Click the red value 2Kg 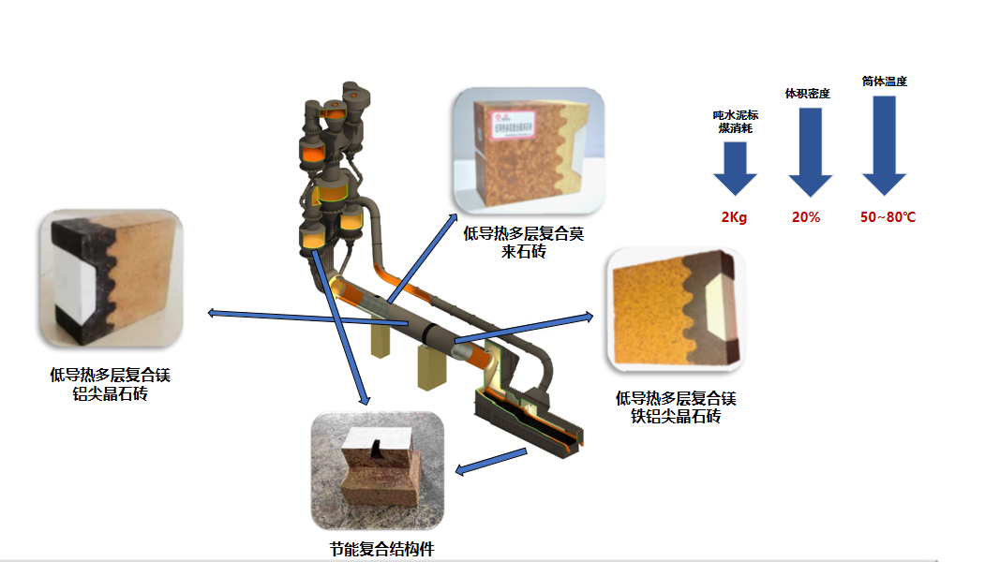(x=734, y=217)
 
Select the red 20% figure (x=806, y=217)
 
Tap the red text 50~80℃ (x=888, y=217)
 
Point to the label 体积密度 (x=807, y=94)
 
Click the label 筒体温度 (x=885, y=81)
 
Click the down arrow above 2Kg (x=735, y=173)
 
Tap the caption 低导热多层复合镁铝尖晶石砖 (x=110, y=385)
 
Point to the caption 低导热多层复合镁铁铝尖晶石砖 (x=675, y=407)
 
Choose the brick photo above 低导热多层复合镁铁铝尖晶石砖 (x=675, y=307)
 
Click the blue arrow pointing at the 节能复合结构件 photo (x=492, y=461)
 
